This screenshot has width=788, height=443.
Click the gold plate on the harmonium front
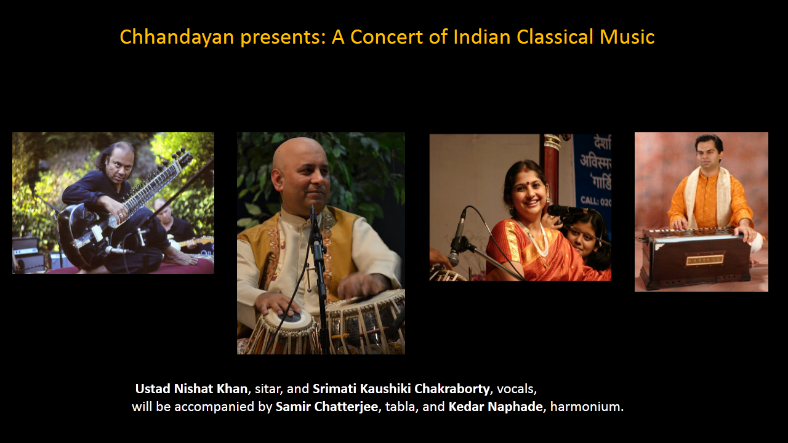coord(705,260)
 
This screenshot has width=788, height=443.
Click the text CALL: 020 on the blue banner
coord(596,201)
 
